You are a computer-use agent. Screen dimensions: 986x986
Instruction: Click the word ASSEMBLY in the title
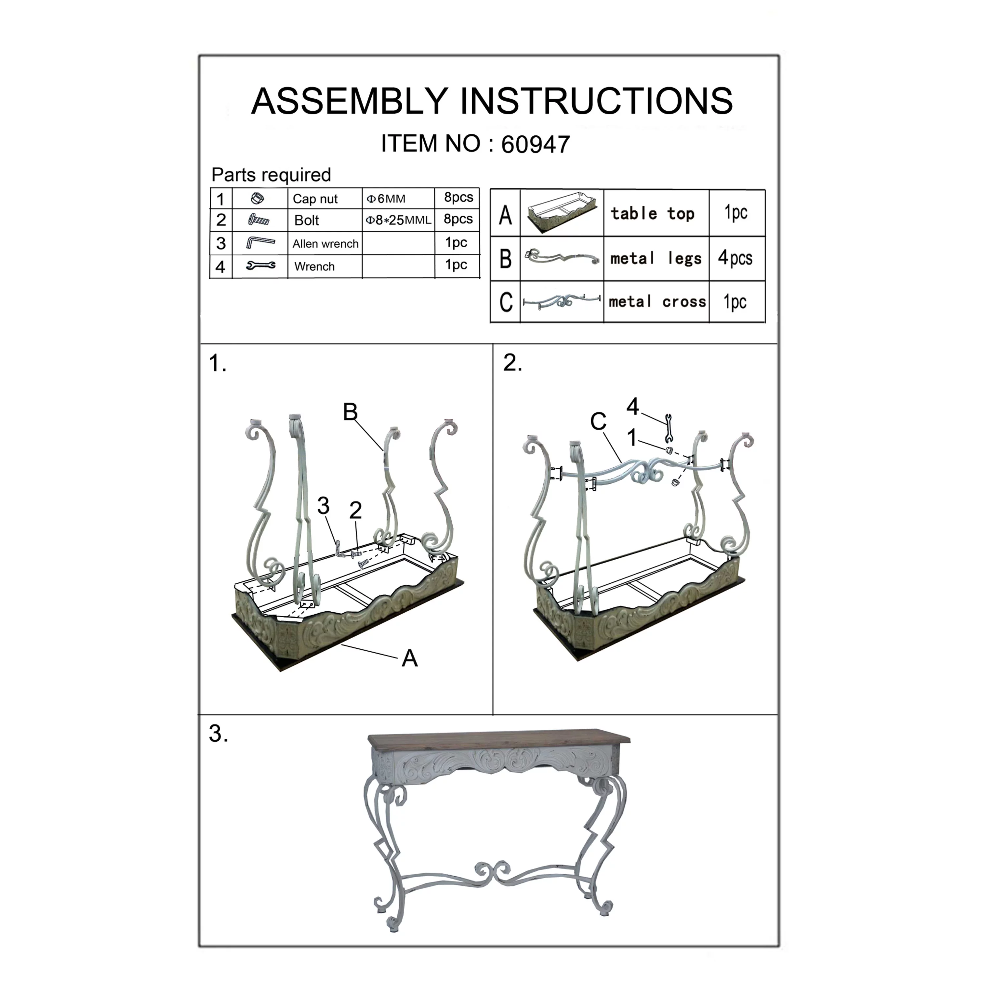pyautogui.click(x=349, y=101)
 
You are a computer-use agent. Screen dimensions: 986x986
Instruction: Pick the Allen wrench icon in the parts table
pyautogui.click(x=260, y=243)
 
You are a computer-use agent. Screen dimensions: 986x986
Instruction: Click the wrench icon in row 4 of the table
pyautogui.click(x=260, y=265)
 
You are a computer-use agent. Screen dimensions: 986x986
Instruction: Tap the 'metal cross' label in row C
pyautogui.click(x=657, y=302)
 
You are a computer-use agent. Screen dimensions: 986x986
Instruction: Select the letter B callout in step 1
pyautogui.click(x=350, y=412)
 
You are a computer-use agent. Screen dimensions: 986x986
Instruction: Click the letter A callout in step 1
pyautogui.click(x=409, y=658)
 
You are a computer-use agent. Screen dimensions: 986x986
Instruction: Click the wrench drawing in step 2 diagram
pyautogui.click(x=669, y=428)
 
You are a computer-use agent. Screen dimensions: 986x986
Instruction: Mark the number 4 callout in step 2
pyautogui.click(x=633, y=406)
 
